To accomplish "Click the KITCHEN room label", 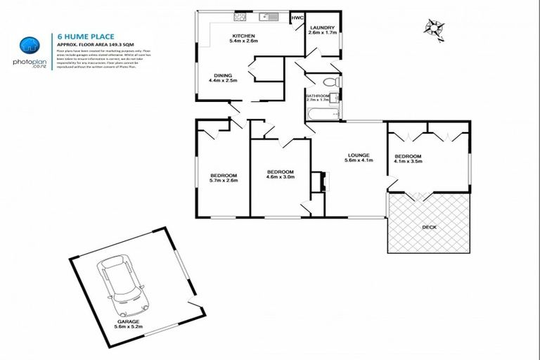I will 244,35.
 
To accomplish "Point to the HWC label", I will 297,18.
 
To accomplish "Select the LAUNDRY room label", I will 323,27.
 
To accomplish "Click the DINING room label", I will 223,76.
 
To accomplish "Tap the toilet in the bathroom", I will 335,82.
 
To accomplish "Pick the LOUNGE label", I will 358,155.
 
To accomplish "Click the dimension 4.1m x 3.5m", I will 408,161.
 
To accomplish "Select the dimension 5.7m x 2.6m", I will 223,181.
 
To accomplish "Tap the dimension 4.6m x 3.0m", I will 279,177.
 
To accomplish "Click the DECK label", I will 429,227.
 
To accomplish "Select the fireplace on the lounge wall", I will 323,181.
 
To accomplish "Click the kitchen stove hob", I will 240,16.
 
